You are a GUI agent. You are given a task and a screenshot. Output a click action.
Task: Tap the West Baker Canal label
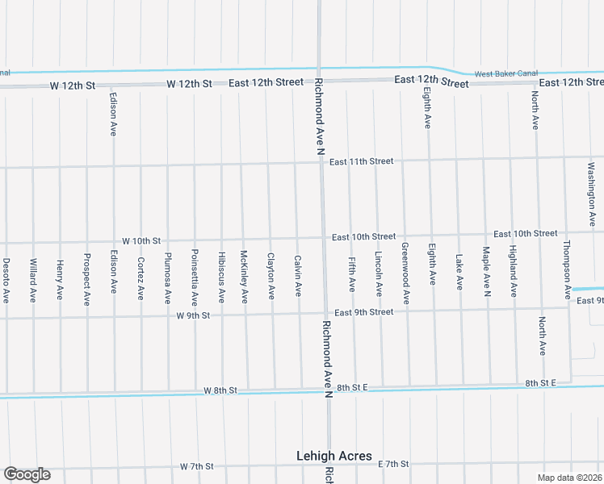click(505, 73)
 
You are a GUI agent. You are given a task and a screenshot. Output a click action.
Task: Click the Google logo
click(27, 474)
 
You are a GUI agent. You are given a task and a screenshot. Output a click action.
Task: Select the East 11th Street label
click(360, 161)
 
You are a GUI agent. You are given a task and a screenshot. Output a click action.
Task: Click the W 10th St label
click(142, 241)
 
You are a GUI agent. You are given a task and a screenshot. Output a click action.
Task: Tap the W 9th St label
click(193, 315)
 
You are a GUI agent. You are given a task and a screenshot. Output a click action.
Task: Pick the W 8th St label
click(220, 390)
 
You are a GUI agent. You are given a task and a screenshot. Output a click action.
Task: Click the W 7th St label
click(197, 466)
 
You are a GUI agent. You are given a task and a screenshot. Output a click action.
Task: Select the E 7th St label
click(394, 464)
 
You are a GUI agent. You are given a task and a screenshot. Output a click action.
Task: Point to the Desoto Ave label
click(6, 280)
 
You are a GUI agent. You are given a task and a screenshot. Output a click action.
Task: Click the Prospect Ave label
click(86, 279)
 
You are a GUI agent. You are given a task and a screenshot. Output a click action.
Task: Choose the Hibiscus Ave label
click(221, 278)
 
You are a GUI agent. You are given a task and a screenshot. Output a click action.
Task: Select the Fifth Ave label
click(352, 274)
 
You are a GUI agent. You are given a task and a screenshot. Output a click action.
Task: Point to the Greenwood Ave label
click(405, 273)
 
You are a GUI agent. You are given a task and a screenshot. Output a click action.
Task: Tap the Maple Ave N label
click(486, 271)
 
